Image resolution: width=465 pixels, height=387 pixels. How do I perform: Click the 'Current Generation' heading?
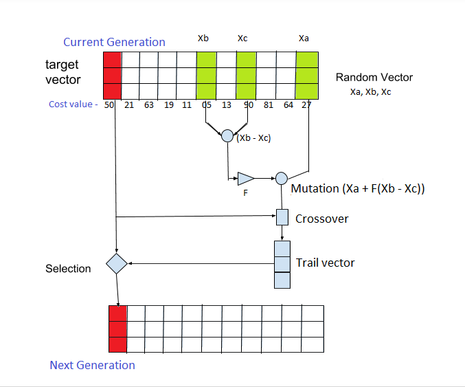tap(114, 42)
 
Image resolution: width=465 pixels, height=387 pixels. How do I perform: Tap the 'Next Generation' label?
tap(92, 365)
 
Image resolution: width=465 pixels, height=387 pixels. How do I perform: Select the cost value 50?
tap(109, 105)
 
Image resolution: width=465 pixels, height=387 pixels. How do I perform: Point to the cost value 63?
tap(148, 105)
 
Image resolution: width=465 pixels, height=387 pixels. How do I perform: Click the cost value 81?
tap(268, 105)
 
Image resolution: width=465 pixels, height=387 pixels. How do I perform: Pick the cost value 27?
tap(307, 105)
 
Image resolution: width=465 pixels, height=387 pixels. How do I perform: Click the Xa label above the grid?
tap(304, 39)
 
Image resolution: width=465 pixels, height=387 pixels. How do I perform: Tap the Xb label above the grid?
tap(203, 39)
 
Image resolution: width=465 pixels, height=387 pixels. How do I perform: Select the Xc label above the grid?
tap(242, 39)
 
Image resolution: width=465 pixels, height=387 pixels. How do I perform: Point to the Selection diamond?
tap(117, 263)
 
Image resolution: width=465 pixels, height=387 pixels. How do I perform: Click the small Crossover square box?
tap(282, 218)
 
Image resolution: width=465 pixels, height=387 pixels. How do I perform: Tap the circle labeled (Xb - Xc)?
tap(227, 136)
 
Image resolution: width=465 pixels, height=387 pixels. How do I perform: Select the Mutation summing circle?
tap(281, 179)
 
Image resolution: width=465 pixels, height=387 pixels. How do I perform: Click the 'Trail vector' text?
tap(325, 263)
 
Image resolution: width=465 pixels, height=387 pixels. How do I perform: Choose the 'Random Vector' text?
tap(374, 77)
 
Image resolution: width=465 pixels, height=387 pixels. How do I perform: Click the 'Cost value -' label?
tap(73, 105)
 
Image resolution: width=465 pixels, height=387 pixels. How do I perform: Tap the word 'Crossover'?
tap(321, 219)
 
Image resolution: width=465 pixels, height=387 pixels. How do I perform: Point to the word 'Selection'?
tap(68, 268)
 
